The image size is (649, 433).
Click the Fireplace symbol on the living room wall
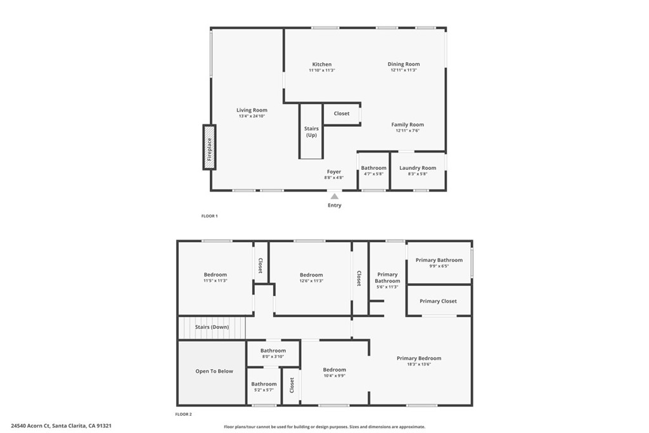(x=209, y=147)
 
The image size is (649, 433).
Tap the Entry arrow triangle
(x=334, y=197)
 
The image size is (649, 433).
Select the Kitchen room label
(x=321, y=65)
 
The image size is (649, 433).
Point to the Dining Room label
(x=404, y=64)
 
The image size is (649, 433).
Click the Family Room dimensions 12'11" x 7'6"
(x=408, y=131)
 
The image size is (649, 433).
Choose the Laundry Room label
(x=418, y=168)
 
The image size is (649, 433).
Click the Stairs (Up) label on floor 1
(x=311, y=132)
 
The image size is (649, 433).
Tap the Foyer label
(x=334, y=172)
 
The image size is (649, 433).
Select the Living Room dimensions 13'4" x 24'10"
(x=252, y=116)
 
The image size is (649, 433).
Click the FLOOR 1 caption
(x=209, y=216)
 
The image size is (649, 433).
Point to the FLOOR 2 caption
(x=183, y=414)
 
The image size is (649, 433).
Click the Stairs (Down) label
(x=212, y=327)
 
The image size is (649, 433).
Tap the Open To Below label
(x=214, y=372)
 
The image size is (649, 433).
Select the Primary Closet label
(x=438, y=301)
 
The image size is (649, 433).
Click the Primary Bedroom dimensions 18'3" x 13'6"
(x=419, y=364)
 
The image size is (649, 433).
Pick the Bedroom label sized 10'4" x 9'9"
(x=334, y=370)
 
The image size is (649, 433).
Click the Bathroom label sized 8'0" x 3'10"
(x=273, y=351)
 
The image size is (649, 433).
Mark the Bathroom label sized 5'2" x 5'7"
(x=264, y=384)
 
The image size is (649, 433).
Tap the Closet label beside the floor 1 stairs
(x=342, y=113)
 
